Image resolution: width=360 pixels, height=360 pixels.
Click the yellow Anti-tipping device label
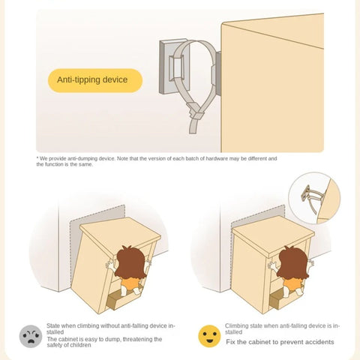95,80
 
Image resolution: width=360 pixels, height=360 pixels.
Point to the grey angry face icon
31,336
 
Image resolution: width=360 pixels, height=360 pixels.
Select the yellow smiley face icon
209,336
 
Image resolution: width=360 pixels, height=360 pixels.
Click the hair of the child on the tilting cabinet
130,262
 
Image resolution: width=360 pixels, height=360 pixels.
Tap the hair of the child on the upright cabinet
292,262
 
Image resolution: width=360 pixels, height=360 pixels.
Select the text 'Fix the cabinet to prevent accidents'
280,342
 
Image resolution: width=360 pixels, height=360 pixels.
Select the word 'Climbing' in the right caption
235,326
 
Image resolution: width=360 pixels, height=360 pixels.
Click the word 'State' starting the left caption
53,325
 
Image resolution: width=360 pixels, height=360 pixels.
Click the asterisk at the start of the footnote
37,158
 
